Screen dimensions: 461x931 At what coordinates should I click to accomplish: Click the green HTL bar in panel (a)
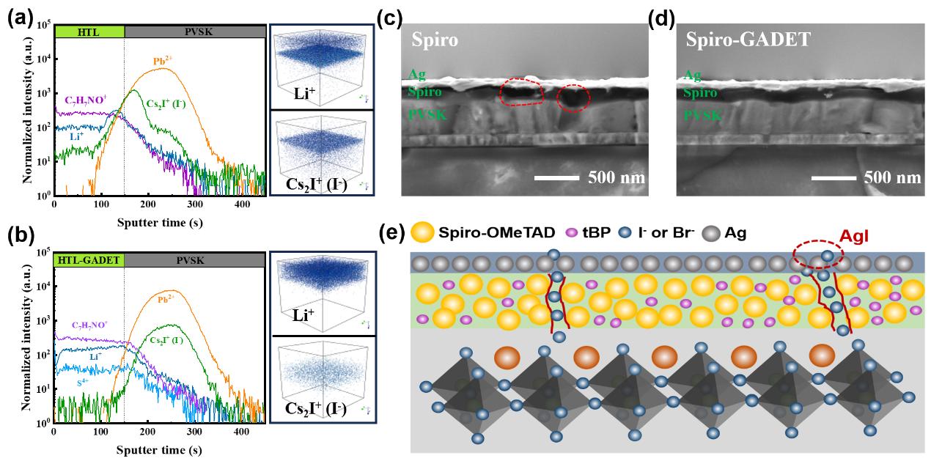[x=89, y=32]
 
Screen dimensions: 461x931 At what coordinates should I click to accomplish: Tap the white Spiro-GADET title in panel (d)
[x=748, y=39]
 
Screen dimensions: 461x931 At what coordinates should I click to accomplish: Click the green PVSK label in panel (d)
[x=702, y=115]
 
